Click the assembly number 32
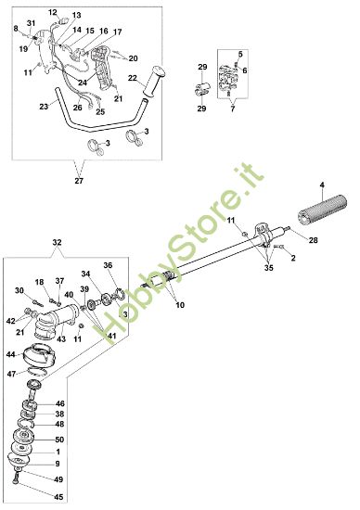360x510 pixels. pos(57,242)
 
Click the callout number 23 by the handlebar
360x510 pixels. pos(44,107)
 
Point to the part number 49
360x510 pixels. pos(60,479)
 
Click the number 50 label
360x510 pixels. pos(60,439)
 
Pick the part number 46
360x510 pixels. pos(60,403)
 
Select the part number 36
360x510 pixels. pos(108,265)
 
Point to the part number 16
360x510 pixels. pos(103,31)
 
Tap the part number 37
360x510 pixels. pos(59,281)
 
